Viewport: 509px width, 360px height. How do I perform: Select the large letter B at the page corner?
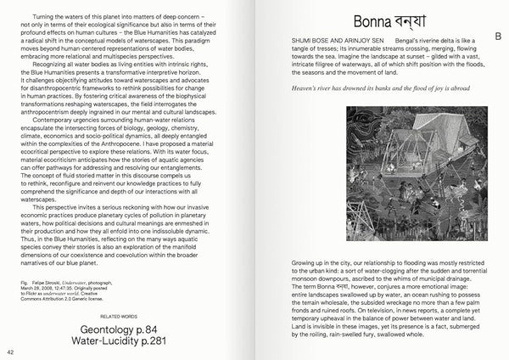click(x=498, y=35)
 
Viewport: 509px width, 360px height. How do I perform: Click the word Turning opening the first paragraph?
click(x=47, y=17)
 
